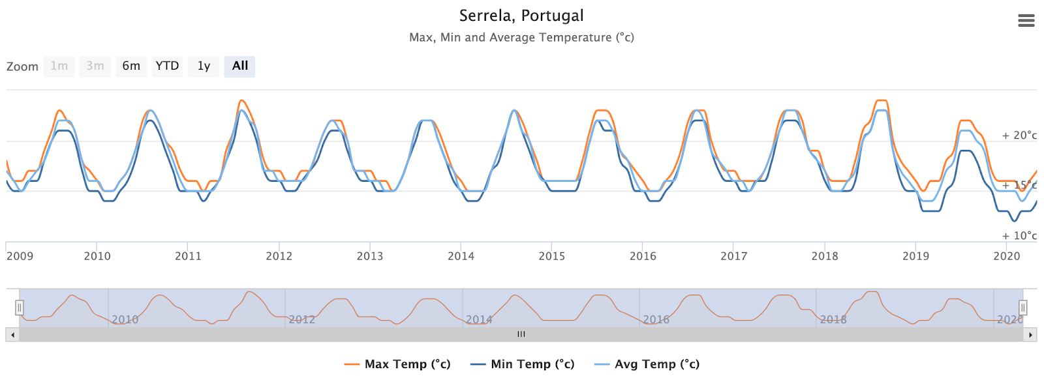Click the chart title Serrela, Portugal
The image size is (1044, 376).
[x=521, y=16]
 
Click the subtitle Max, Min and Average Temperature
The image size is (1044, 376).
[x=521, y=38]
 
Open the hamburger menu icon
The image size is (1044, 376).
[x=1026, y=21]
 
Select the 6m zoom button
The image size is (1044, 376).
[x=131, y=66]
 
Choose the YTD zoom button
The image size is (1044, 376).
[x=167, y=66]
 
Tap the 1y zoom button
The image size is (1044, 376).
[x=204, y=66]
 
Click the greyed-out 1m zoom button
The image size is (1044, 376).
[x=59, y=66]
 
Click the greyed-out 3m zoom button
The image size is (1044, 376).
[x=95, y=66]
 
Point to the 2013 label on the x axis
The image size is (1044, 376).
[x=370, y=256]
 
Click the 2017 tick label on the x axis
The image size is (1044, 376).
[x=733, y=256]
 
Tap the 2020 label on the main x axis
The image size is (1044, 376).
[x=1006, y=256]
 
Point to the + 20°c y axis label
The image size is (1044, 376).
[x=1019, y=136]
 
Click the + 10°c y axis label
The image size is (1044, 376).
[x=1019, y=236]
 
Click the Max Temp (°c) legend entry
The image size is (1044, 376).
[x=397, y=364]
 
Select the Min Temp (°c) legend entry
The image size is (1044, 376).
[x=523, y=364]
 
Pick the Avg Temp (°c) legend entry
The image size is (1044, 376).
[x=647, y=364]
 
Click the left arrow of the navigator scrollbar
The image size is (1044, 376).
[x=12, y=335]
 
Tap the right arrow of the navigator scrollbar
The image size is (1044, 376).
[x=1030, y=335]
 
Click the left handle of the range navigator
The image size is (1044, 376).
[x=20, y=308]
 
